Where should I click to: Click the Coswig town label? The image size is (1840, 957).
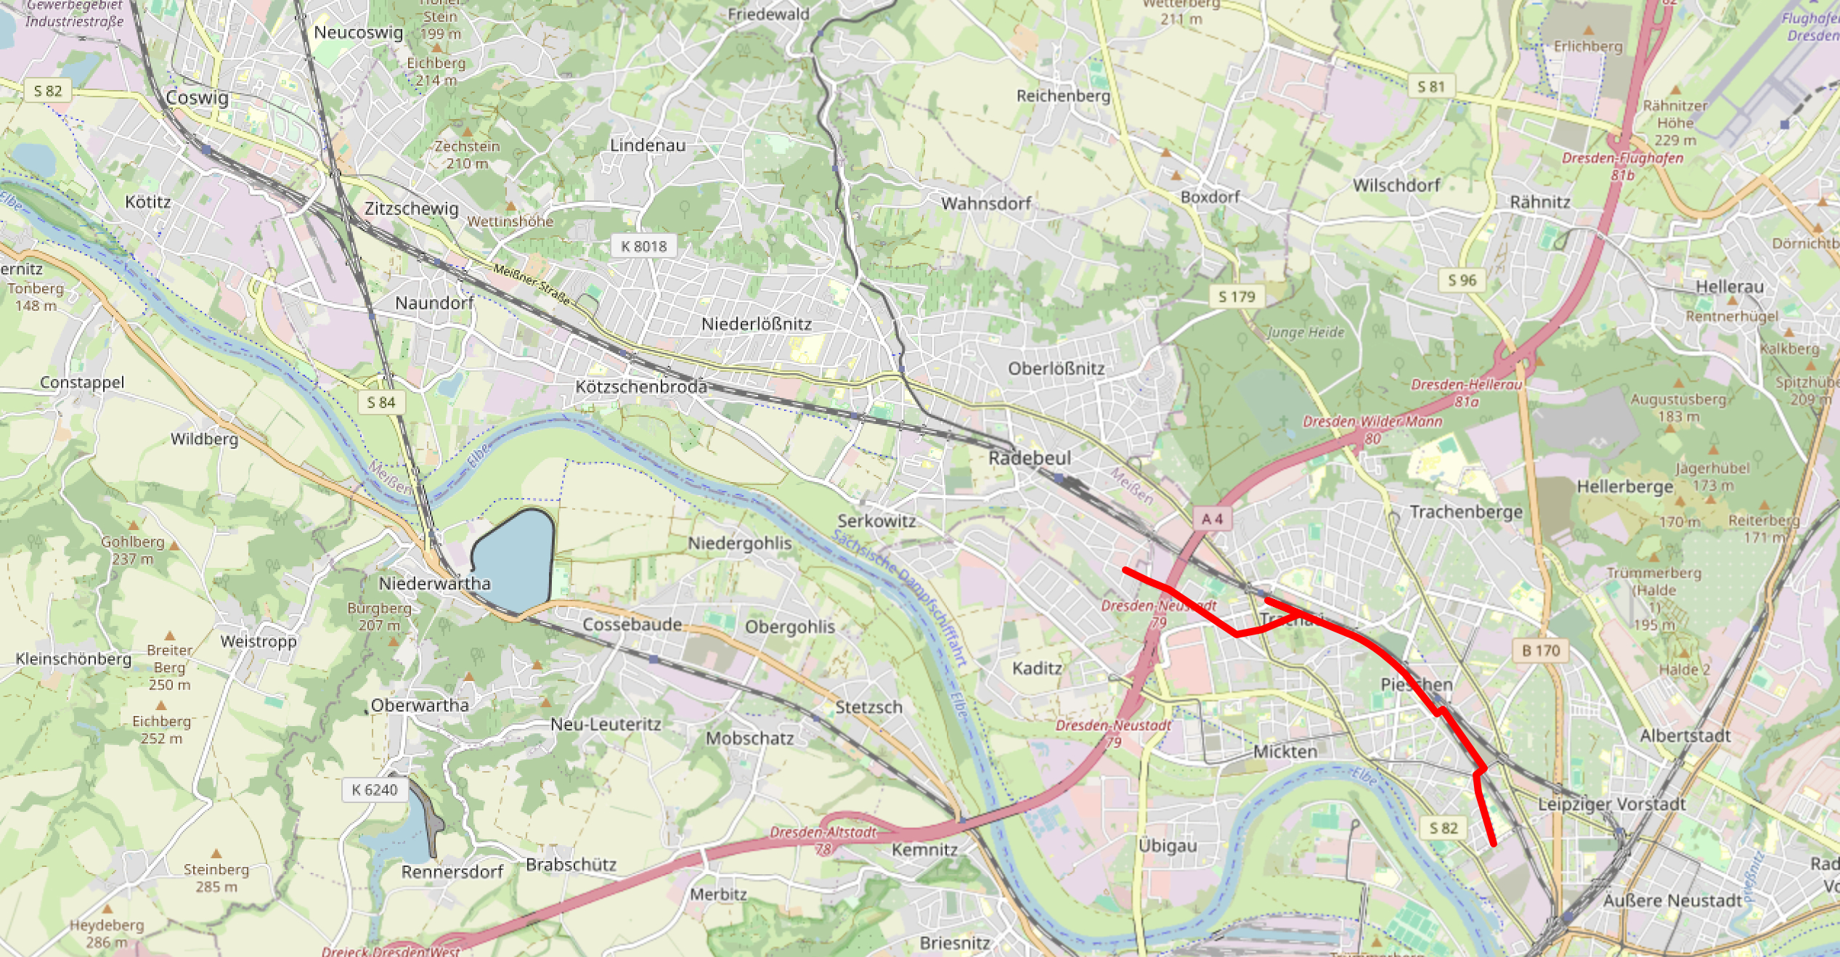pos(197,98)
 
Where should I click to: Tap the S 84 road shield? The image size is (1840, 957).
pos(381,402)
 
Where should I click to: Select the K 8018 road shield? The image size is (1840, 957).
pos(643,246)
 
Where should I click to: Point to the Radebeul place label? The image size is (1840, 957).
pos(1029,458)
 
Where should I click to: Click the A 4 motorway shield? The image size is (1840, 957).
pos(1212,519)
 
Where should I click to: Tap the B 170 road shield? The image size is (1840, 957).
pos(1541,651)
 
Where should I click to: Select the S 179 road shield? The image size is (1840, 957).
pos(1237,296)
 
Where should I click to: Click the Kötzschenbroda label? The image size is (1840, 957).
pos(641,387)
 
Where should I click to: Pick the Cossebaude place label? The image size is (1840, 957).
pos(632,624)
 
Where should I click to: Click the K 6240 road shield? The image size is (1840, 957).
pos(374,790)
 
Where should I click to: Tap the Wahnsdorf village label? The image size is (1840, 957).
pos(985,203)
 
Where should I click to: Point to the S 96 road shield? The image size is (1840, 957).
pos(1462,280)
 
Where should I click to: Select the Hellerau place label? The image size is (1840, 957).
pos(1729,287)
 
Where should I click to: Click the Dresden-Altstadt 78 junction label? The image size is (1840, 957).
pos(823,839)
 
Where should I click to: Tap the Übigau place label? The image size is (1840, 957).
pos(1167,846)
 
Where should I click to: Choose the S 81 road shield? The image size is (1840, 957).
pos(1430,87)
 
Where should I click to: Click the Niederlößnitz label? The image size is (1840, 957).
pos(756,324)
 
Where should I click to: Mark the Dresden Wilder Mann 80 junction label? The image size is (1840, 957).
pos(1372,429)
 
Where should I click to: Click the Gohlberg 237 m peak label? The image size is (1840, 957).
pos(133,550)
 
